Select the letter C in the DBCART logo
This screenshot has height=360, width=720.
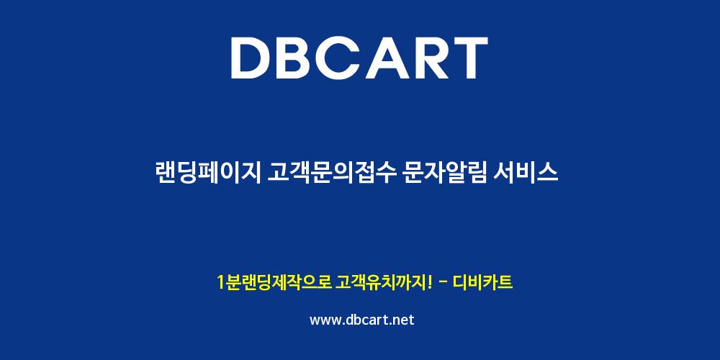point(347,58)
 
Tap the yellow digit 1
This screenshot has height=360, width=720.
point(221,282)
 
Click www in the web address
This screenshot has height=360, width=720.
point(325,320)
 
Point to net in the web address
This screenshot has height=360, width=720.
point(403,320)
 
